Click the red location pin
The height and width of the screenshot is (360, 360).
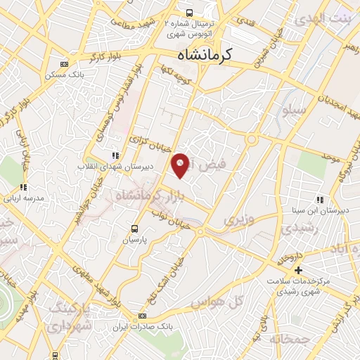[181, 165]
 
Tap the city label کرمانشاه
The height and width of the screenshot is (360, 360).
[209, 54]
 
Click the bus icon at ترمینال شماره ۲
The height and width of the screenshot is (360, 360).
[188, 12]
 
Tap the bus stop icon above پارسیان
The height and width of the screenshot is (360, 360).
[136, 228]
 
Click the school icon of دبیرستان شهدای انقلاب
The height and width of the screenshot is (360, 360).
[115, 155]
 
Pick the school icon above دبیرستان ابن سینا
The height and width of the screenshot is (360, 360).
[320, 200]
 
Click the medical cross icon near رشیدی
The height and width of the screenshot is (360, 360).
[298, 271]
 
